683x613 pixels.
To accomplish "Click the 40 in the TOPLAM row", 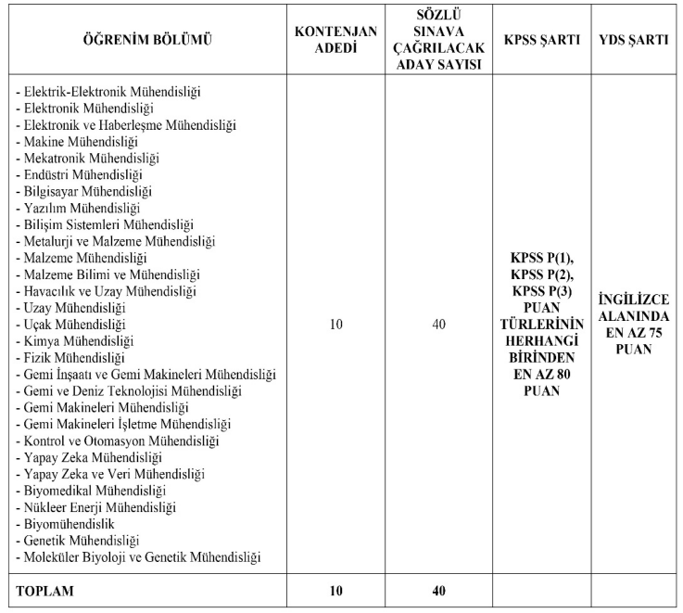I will click(438, 590).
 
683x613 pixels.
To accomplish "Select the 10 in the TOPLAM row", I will click(335, 590).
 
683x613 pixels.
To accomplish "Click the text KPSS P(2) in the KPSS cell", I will click(542, 275).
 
